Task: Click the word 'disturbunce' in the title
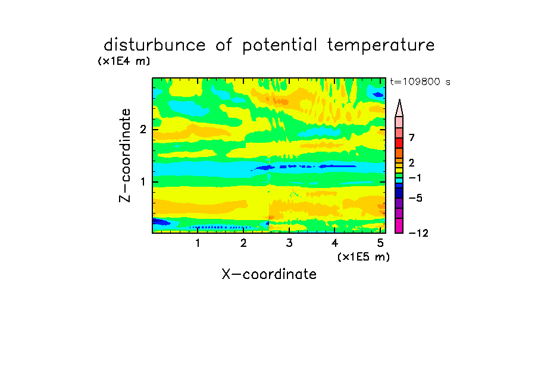click(155, 45)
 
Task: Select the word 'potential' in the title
click(280, 46)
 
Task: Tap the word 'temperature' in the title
click(381, 46)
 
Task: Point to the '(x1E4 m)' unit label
click(124, 61)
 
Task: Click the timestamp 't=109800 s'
click(420, 81)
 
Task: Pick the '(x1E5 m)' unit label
click(364, 256)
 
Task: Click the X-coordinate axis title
click(269, 274)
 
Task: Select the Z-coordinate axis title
click(125, 155)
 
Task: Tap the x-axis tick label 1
click(198, 243)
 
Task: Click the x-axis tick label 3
click(289, 243)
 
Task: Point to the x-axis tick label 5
click(380, 243)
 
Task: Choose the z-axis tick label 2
click(143, 129)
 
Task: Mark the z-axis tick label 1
click(143, 182)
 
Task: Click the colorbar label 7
click(412, 137)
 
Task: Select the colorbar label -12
click(418, 233)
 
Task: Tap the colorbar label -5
click(415, 198)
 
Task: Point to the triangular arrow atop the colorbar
click(399, 108)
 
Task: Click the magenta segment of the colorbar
click(399, 225)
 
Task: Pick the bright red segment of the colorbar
click(399, 143)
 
